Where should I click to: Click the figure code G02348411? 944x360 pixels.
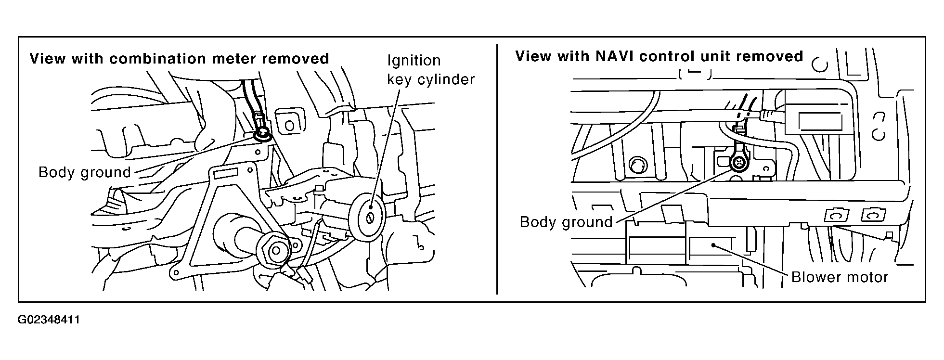[49, 320]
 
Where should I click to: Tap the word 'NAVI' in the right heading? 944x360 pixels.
[613, 56]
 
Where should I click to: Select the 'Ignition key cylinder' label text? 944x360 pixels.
[430, 70]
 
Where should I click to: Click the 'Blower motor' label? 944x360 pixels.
[840, 277]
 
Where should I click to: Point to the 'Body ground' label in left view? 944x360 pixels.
[85, 172]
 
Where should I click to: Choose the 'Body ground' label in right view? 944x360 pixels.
[566, 222]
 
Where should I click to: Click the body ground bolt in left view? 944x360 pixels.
[262, 133]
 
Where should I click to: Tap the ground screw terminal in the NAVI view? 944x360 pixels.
[738, 164]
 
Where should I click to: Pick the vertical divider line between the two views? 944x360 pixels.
[496, 168]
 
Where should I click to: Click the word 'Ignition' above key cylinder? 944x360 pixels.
[414, 61]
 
